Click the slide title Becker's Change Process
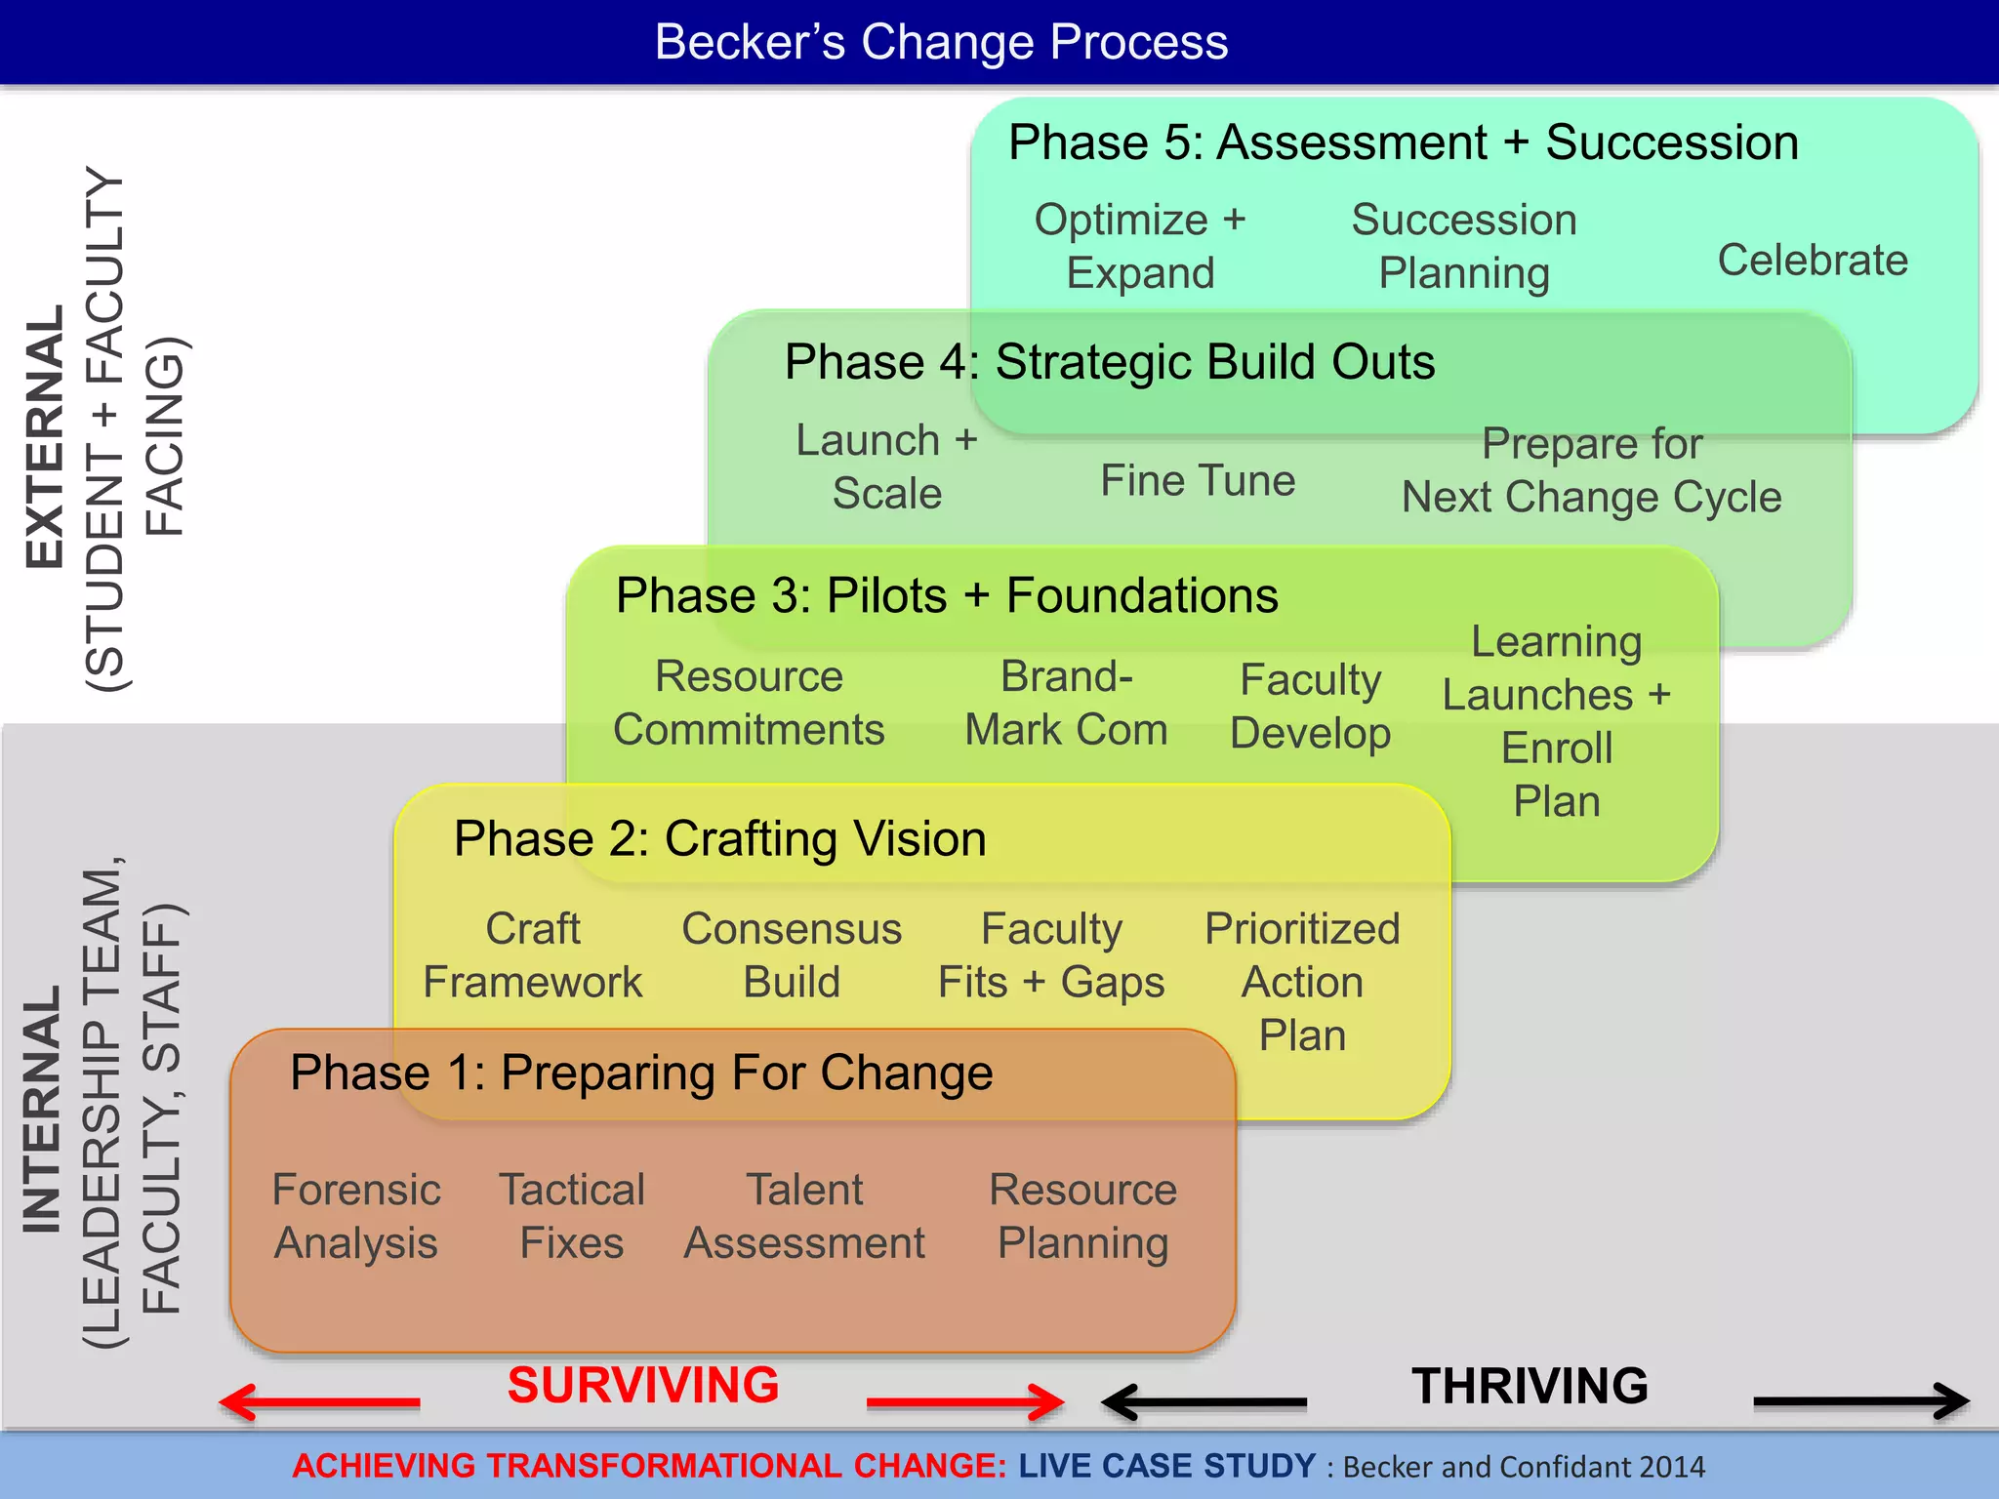[941, 42]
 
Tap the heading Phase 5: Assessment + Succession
[1403, 142]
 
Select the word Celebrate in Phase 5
[1812, 260]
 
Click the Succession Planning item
[1463, 246]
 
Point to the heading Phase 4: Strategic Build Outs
[1109, 362]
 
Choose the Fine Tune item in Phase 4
[1198, 480]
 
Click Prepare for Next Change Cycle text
[1591, 470]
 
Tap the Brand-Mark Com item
[1066, 703]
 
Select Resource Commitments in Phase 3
[749, 703]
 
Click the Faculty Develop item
[1310, 706]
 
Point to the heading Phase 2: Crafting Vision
[719, 839]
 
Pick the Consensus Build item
[791, 954]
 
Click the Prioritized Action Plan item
[1302, 981]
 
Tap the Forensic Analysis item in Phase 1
[356, 1216]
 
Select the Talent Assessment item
[804, 1216]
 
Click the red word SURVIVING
[643, 1386]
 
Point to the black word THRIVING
[1530, 1386]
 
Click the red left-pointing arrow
[319, 1402]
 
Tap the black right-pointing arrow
[1860, 1401]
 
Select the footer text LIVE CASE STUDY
[1166, 1466]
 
